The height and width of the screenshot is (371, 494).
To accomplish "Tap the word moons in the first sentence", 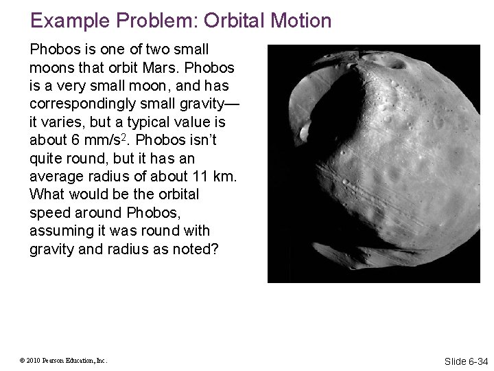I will (x=51, y=69).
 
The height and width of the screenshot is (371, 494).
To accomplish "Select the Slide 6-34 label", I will (x=466, y=361).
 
